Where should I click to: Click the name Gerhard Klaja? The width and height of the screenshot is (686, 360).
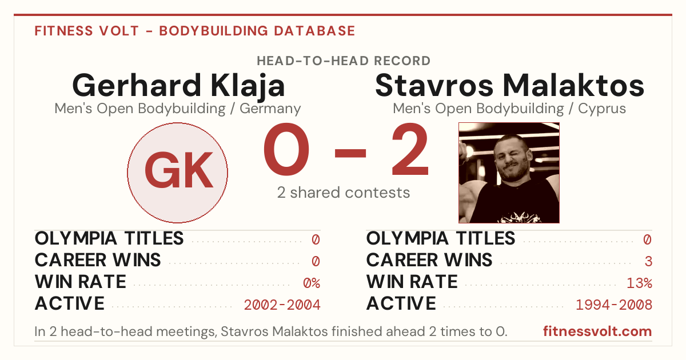pos(178,86)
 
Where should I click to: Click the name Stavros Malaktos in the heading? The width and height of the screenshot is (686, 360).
pos(509,85)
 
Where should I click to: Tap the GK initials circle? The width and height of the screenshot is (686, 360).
pos(178,173)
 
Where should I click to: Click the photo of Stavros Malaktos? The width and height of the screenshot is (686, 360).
pos(509,173)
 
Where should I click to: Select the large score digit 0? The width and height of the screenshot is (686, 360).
pos(286,149)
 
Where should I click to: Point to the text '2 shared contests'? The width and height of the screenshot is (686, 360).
pos(344,193)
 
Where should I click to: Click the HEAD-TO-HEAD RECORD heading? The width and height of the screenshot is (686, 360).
pos(344,61)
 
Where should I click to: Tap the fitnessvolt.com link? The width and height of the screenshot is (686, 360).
pos(597,331)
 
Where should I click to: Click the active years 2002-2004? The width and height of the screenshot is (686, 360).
pos(282,305)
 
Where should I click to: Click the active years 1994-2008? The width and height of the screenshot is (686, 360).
pos(614,305)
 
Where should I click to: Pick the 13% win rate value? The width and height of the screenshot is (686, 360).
pos(639,283)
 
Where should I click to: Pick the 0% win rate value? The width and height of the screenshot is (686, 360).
pos(312,283)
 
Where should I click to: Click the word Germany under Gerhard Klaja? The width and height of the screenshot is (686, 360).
pos(270,109)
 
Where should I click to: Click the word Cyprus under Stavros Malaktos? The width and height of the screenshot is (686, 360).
pos(602,109)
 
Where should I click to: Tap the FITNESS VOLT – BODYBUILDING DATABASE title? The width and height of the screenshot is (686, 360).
pos(195,31)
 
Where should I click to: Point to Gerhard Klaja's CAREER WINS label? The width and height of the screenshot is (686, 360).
pos(98,260)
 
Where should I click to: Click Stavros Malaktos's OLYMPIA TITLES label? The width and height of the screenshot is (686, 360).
pos(441,238)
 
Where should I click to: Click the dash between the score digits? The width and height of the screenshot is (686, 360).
pos(350,153)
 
